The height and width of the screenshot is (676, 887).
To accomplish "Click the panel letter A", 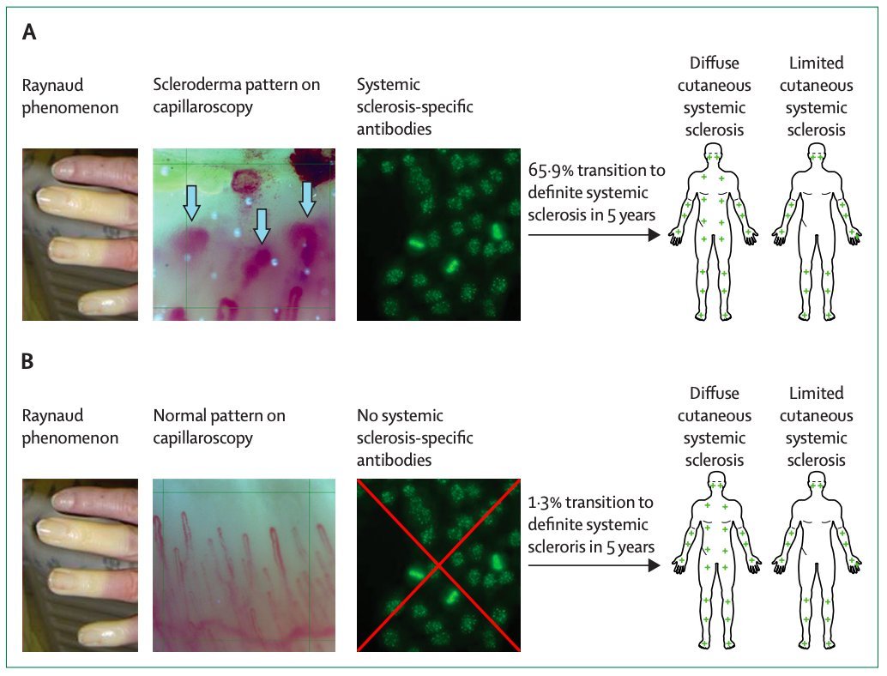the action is [29, 33].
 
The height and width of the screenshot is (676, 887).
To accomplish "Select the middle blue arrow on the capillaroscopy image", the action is [262, 225].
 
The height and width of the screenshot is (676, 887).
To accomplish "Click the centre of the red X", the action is [438, 564].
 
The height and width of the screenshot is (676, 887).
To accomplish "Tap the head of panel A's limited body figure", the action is [817, 154].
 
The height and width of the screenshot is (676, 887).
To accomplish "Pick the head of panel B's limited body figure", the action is [817, 485].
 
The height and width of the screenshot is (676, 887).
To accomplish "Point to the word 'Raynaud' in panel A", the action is [53, 85].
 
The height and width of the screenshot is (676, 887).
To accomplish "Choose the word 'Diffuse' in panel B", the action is [715, 394].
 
